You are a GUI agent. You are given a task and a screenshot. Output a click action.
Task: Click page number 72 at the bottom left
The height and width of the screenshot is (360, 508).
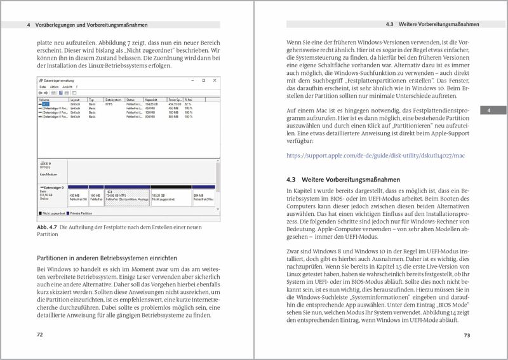(x=39, y=335)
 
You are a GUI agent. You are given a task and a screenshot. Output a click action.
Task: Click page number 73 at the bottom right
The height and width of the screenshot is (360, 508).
(x=467, y=335)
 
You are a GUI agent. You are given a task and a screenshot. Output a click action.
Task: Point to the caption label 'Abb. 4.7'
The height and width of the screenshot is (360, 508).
(x=47, y=227)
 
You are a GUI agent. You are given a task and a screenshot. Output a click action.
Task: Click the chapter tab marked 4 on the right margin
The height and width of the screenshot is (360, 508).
(x=490, y=111)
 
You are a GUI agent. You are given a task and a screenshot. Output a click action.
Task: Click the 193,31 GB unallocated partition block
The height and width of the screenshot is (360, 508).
(x=170, y=197)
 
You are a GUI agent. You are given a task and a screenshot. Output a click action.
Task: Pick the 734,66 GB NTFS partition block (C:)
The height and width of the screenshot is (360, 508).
(x=127, y=197)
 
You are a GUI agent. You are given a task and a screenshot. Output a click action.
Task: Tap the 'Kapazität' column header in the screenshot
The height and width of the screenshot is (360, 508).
(x=152, y=100)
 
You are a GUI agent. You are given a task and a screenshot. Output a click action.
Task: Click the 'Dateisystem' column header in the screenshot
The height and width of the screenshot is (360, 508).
(x=113, y=100)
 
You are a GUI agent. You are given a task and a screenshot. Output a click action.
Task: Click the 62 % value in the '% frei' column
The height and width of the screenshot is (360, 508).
(x=189, y=104)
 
